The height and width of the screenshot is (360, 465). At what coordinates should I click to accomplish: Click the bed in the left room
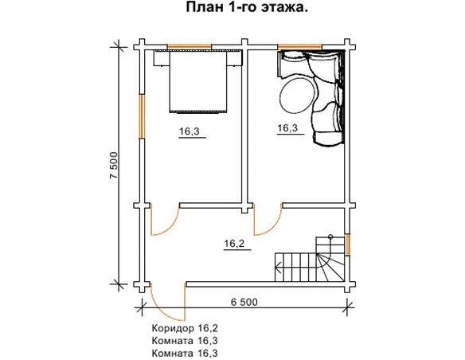tap(200, 82)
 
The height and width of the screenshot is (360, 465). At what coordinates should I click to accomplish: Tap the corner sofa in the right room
tap(326, 96)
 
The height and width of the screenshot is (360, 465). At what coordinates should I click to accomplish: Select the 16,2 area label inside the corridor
tap(234, 245)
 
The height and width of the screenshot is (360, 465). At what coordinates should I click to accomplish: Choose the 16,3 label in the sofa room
tap(288, 128)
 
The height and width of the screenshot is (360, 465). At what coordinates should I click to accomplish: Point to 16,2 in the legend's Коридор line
tap(207, 327)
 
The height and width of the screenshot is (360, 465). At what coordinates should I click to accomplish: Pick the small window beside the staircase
tap(347, 244)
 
